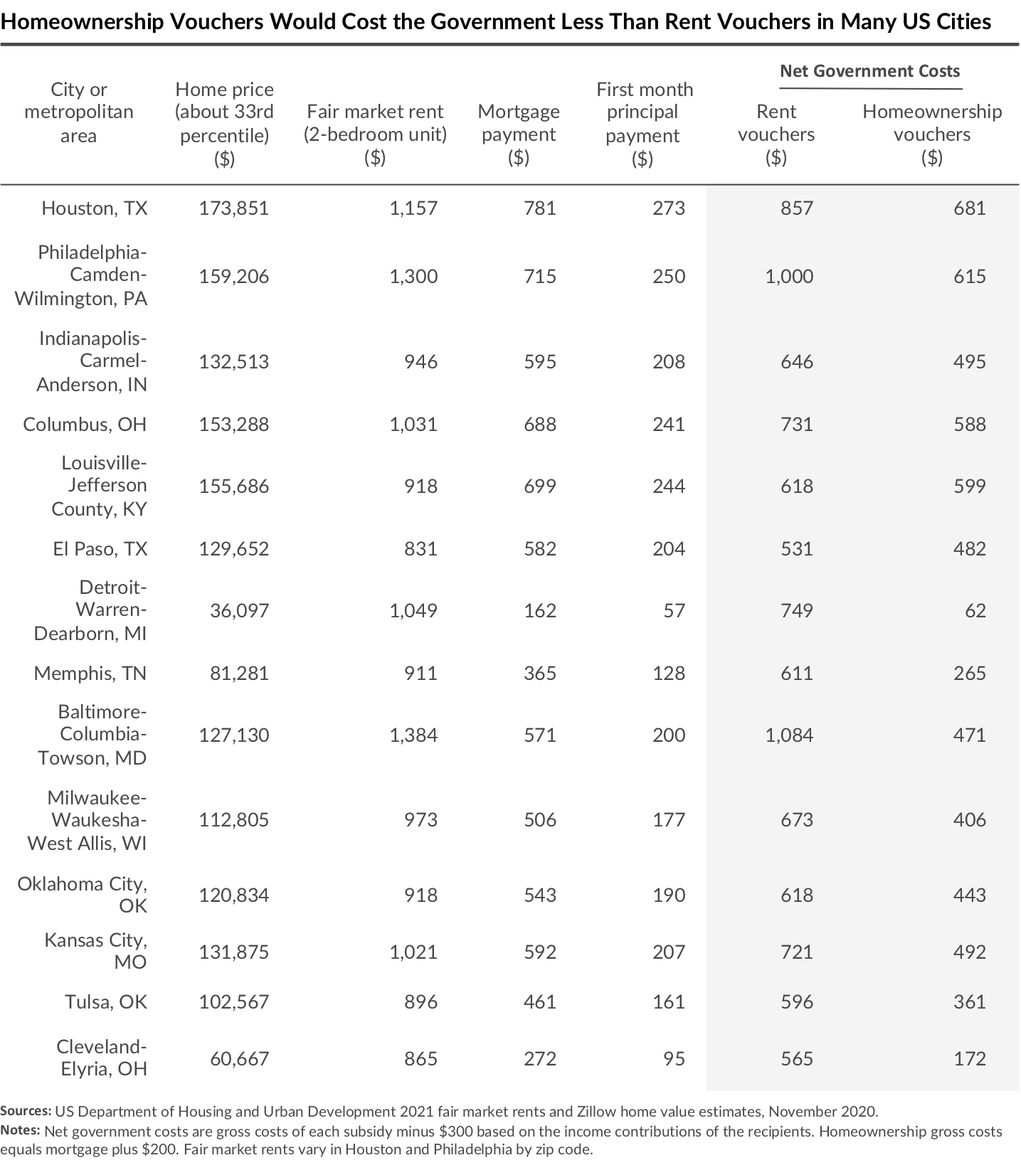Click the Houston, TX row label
[94, 208]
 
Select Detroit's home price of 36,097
[239, 611]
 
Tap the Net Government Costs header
[869, 71]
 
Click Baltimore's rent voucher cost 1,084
[789, 735]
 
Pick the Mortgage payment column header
[518, 134]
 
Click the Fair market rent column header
[375, 134]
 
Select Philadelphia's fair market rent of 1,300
[413, 277]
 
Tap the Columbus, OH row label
[85, 425]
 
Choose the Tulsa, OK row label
[105, 1002]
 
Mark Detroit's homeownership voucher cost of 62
[975, 611]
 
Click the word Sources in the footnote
[26, 1112]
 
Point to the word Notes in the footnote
[20, 1131]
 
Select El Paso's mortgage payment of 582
[539, 549]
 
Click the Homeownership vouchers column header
[931, 134]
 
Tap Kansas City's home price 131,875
[233, 952]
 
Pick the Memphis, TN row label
[90, 674]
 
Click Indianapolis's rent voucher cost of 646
[796, 362]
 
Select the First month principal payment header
[644, 123]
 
